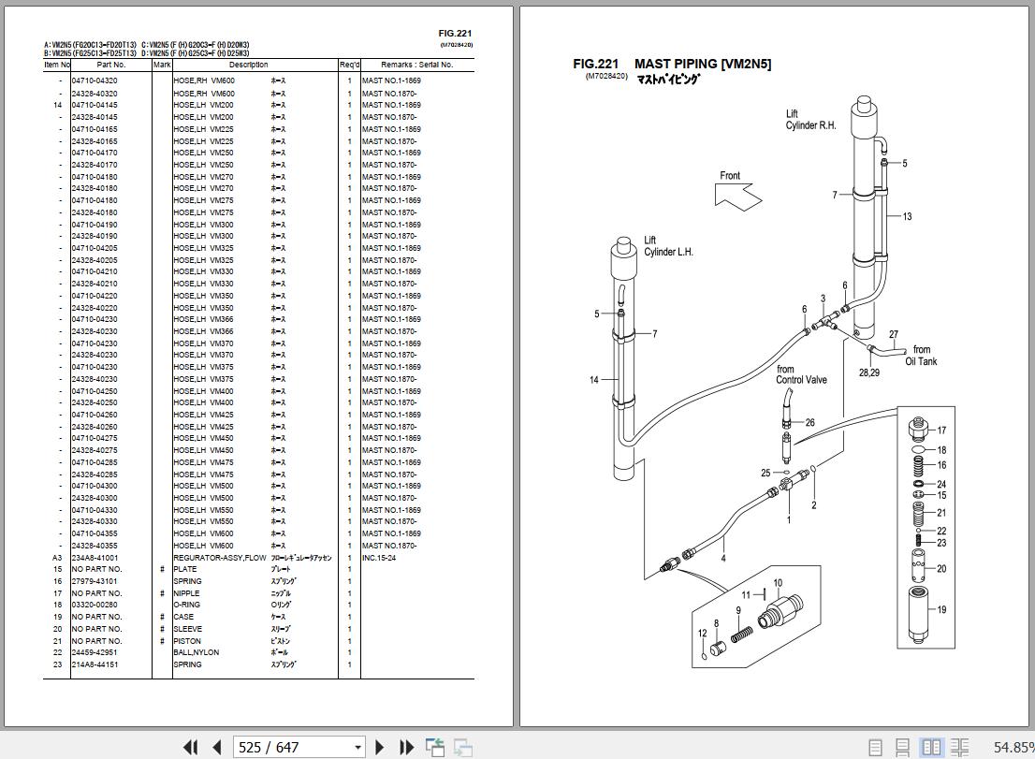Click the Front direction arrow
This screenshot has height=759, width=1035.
tap(737, 194)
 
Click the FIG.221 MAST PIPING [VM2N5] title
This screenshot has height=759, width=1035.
tap(672, 65)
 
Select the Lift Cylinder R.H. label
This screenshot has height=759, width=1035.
tap(810, 120)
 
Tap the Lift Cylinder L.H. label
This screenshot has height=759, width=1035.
tap(667, 246)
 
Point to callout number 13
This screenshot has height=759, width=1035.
tap(907, 217)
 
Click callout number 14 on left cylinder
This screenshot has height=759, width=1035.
tap(594, 380)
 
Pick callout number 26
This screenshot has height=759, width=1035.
tap(809, 423)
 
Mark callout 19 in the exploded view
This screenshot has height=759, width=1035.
tap(941, 610)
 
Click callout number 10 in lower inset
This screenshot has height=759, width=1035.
tap(777, 584)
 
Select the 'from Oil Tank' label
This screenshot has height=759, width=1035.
tap(921, 356)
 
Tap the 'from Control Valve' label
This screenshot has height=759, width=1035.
tap(800, 374)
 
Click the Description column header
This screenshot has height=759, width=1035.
tap(248, 65)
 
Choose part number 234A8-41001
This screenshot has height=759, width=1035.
tap(95, 558)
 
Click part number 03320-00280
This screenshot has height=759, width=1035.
tap(95, 606)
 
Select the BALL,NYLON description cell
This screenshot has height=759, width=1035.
tap(196, 653)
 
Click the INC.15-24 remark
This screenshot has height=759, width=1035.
tap(378, 558)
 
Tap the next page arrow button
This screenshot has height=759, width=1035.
tap(380, 747)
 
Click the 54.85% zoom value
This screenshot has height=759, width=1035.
tap(1013, 747)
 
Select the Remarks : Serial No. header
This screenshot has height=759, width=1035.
tap(416, 65)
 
